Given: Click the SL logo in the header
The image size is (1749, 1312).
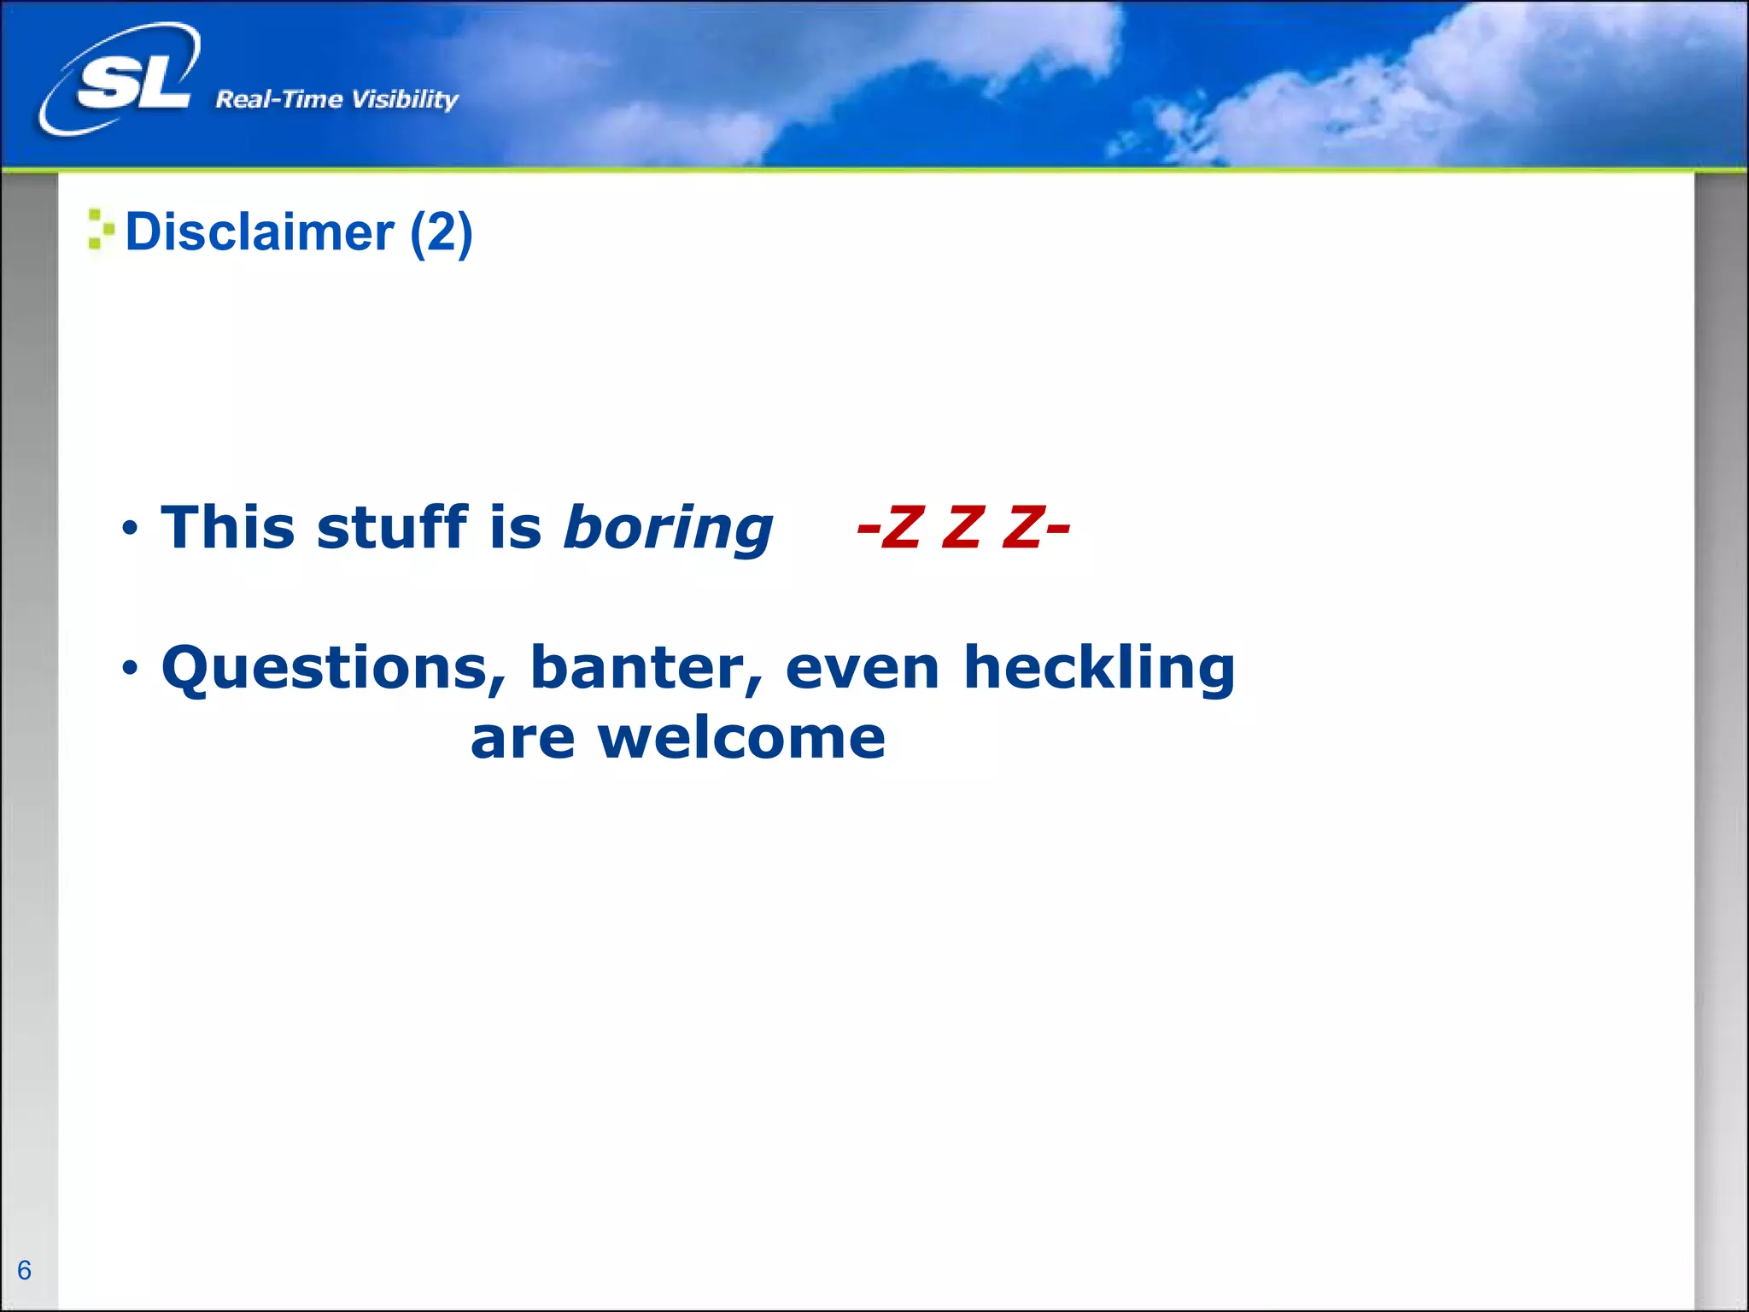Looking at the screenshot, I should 128,81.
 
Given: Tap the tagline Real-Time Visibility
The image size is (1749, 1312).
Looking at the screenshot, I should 336,100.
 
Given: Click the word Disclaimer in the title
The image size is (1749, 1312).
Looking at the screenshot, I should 260,232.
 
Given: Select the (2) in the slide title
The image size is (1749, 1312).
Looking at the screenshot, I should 441,232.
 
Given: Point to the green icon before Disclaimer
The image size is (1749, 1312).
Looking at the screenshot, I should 100,230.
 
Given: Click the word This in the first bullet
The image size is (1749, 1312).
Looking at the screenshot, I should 229,527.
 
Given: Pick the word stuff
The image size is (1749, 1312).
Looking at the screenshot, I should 392,527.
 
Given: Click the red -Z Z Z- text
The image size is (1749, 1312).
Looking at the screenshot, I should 962,527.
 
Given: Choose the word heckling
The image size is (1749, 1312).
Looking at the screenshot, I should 1099,669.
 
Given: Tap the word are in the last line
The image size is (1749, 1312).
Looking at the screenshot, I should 523,740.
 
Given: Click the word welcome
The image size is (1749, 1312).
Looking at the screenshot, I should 741,738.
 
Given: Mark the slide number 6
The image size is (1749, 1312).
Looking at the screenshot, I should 24,1270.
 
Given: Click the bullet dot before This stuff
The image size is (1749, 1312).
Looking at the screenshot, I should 129,529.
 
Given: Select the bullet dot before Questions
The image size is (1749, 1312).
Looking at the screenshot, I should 129,668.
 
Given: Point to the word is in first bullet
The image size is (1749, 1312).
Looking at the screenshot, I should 516,527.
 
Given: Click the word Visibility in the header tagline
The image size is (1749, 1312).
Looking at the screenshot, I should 405,100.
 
